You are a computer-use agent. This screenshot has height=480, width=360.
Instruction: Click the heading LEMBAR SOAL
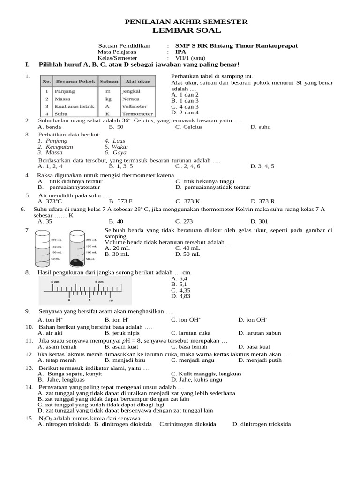pyautogui.click(x=186, y=30)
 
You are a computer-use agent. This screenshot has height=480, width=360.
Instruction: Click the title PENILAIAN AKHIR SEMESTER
pyautogui.click(x=186, y=22)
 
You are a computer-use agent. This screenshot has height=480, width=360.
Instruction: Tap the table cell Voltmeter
pyautogui.click(x=135, y=106)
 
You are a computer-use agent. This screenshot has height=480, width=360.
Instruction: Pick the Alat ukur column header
pyautogui.click(x=137, y=82)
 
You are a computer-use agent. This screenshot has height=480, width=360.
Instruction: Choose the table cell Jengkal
pyautogui.click(x=132, y=91)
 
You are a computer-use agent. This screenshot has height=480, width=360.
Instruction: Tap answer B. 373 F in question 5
pyautogui.click(x=120, y=201)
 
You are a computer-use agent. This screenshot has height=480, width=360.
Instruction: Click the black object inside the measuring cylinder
pyautogui.click(x=76, y=262)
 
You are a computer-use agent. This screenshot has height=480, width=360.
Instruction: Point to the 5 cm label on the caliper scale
pyautogui.click(x=99, y=281)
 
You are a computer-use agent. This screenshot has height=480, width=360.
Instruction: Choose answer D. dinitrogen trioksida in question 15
pyautogui.click(x=262, y=424)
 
